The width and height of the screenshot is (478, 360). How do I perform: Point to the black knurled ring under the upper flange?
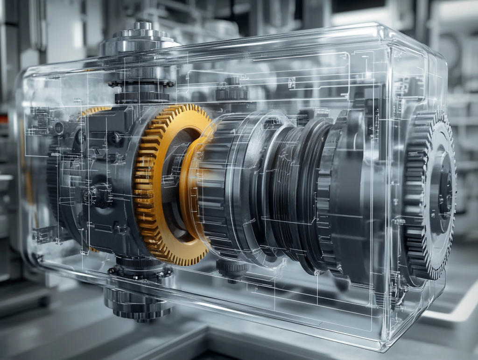[x=142, y=97]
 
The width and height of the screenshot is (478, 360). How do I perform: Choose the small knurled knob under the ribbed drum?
[x=232, y=269]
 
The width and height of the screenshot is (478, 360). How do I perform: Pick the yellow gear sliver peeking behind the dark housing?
[x=96, y=111]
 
